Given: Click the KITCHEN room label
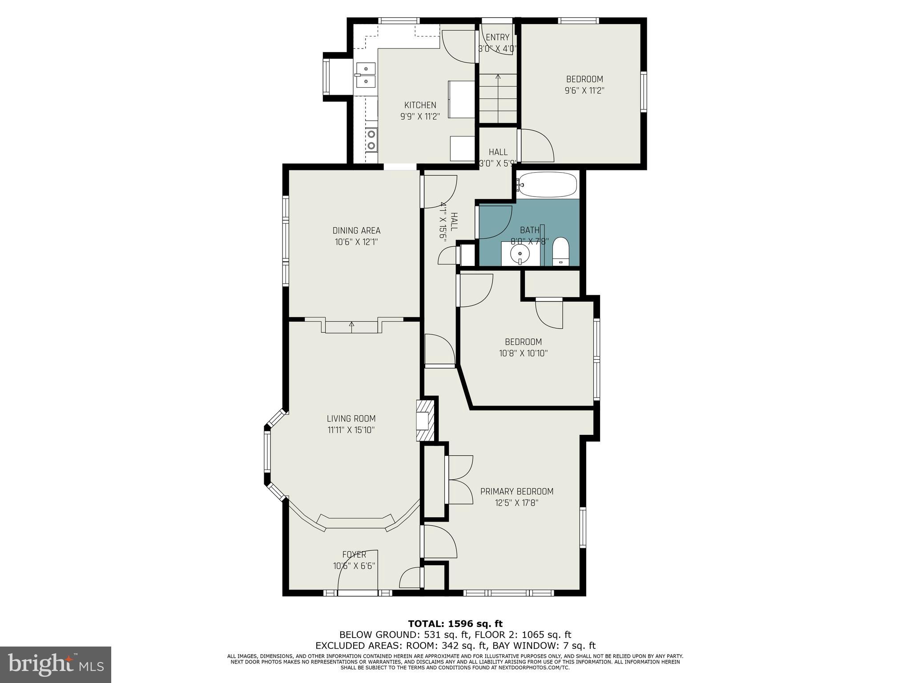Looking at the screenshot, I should pyautogui.click(x=420, y=105).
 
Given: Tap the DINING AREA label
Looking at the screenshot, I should pyautogui.click(x=356, y=230).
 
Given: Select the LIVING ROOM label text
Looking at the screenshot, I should pyautogui.click(x=351, y=418).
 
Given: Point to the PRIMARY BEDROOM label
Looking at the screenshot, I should pyautogui.click(x=516, y=491).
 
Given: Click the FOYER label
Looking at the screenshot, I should pyautogui.click(x=354, y=554).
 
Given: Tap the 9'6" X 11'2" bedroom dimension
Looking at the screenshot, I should pyautogui.click(x=584, y=91).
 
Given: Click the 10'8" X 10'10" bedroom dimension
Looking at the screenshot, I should pyautogui.click(x=523, y=354).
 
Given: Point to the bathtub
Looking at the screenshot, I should pyautogui.click(x=547, y=185).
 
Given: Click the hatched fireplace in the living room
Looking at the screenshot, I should pyautogui.click(x=424, y=421).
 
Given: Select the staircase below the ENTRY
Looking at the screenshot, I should pyautogui.click(x=498, y=99).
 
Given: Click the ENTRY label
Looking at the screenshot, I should pyautogui.click(x=497, y=37).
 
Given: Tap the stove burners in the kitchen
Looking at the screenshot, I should pyautogui.click(x=371, y=139).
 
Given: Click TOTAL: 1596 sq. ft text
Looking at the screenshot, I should pyautogui.click(x=455, y=624).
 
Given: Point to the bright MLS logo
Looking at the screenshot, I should pyautogui.click(x=56, y=664).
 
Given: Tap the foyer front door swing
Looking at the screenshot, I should pyautogui.click(x=358, y=571).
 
